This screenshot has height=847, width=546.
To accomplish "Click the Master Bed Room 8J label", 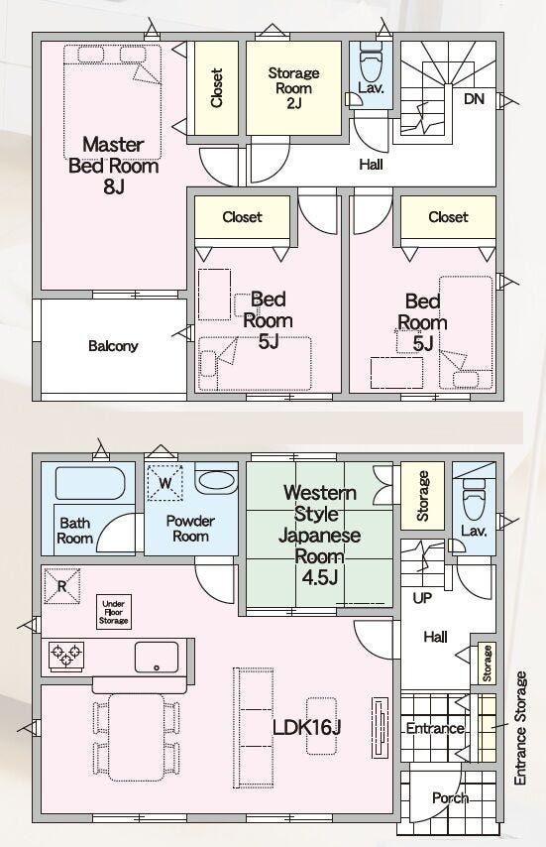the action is [113, 166].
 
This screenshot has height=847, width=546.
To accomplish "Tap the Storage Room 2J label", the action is [293, 87].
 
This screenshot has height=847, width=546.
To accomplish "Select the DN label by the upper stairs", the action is [474, 99].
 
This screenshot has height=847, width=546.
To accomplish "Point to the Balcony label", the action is [113, 346].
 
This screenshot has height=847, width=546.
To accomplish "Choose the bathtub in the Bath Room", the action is [90, 483].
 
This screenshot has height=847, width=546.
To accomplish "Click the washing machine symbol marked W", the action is [165, 482].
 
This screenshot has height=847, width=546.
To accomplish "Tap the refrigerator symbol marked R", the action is [61, 585].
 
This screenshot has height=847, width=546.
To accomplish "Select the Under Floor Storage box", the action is [113, 612].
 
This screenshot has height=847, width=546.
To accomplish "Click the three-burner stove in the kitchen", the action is [66, 656].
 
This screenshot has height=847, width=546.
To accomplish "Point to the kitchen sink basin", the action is [157, 657].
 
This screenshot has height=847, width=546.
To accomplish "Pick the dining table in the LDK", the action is [136, 737].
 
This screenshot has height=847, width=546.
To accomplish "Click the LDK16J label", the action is [307, 727].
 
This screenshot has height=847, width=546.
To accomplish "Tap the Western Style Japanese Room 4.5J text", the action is [319, 535].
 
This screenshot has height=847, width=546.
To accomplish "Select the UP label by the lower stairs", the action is [422, 598].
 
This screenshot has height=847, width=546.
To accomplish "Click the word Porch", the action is [450, 797].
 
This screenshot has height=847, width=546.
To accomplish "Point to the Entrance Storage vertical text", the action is [520, 728].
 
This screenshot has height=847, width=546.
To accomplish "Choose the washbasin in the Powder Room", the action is [216, 479].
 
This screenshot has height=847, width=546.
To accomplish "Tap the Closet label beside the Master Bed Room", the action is [216, 87].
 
